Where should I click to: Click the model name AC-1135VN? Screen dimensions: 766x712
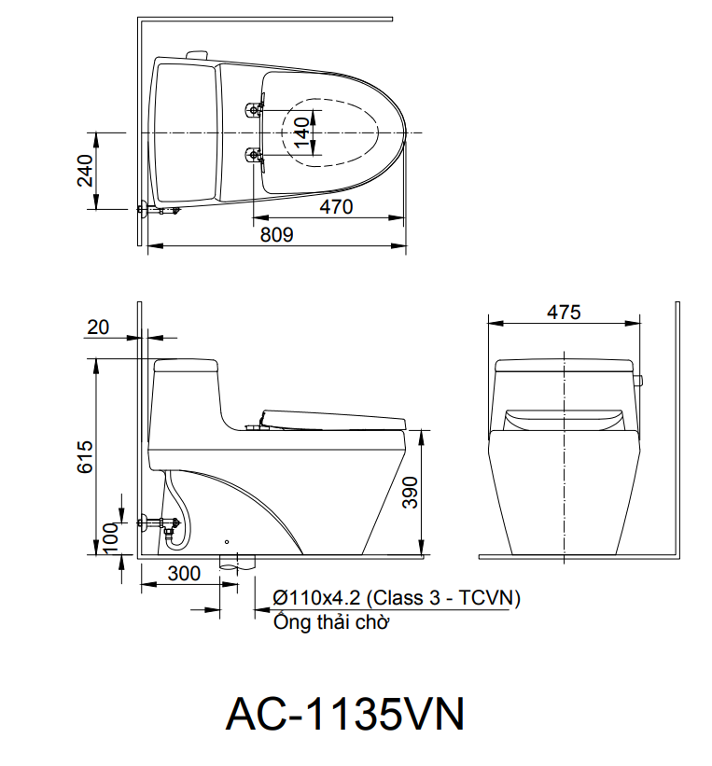(344, 715)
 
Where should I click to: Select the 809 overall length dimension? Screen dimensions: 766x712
(276, 235)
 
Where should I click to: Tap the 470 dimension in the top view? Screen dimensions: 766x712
(336, 206)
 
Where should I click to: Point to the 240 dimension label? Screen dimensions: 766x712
(85, 171)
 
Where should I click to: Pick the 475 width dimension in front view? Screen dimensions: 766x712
(563, 312)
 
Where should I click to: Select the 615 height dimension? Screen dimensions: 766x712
(85, 456)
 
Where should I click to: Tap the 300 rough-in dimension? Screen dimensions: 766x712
(183, 574)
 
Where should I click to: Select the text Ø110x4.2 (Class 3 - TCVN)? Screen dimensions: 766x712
(397, 598)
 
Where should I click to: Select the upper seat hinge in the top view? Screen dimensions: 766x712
(254, 111)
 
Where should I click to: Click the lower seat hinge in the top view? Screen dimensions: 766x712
(254, 155)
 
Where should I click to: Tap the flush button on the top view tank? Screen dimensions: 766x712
(196, 55)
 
